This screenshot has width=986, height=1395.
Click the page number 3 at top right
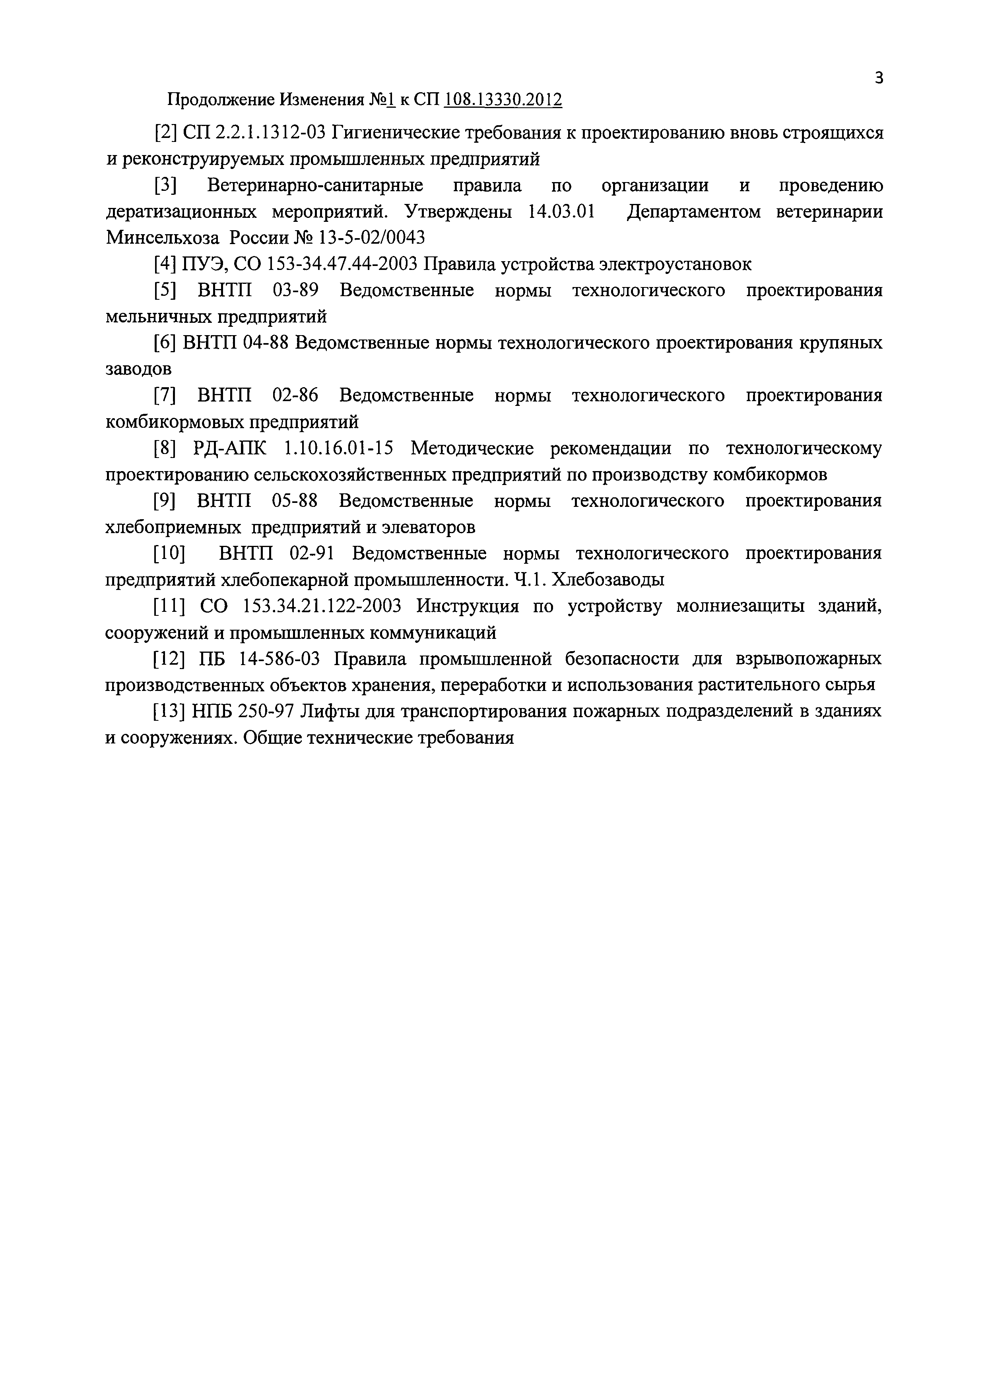tap(879, 78)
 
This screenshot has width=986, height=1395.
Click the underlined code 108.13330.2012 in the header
tap(503, 100)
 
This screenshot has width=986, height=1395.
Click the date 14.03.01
tap(561, 212)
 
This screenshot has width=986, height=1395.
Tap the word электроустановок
tap(674, 264)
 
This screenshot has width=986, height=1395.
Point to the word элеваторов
tap(428, 528)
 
